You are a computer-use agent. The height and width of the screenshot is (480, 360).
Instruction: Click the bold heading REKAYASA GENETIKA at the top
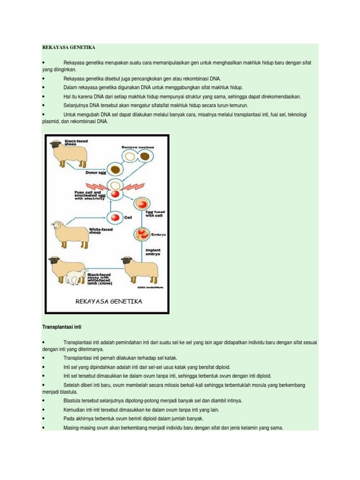tap(68, 48)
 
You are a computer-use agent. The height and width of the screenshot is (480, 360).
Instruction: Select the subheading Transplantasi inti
tap(62, 326)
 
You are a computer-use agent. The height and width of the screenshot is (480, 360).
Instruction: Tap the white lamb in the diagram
tap(77, 277)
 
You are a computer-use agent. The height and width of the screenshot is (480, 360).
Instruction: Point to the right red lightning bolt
tap(133, 186)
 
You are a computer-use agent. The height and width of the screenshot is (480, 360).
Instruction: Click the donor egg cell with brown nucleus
tap(115, 169)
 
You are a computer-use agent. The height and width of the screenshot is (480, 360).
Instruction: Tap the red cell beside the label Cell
tap(115, 217)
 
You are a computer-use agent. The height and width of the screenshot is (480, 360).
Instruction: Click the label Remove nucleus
tap(137, 147)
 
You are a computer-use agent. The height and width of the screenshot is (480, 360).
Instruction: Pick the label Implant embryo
tap(153, 253)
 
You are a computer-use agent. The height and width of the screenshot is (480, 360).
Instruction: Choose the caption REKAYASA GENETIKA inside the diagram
tap(109, 301)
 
